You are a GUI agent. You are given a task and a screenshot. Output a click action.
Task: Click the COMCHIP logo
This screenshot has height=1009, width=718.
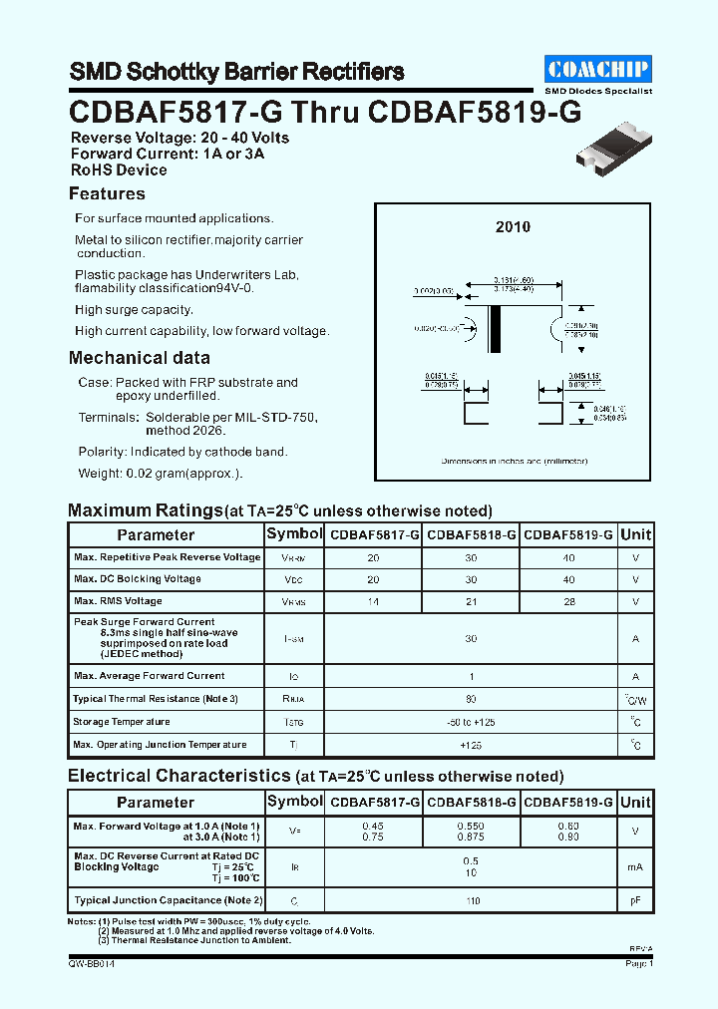pos(598,69)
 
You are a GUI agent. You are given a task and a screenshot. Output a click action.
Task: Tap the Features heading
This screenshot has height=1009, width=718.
pos(107,194)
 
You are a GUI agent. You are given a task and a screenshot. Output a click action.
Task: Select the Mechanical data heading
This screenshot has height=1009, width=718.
pos(139,358)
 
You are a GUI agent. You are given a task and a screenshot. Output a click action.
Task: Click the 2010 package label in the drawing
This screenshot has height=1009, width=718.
pos(513,227)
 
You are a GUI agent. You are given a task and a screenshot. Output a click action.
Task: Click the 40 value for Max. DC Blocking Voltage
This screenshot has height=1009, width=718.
pos(568,580)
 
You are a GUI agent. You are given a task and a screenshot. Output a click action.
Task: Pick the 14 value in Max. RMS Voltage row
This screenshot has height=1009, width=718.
pos(373,602)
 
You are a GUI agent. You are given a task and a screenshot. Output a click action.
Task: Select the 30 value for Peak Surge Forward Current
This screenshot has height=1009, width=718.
pos(471,639)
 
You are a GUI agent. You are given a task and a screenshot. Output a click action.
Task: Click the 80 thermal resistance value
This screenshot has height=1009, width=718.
pos(471,700)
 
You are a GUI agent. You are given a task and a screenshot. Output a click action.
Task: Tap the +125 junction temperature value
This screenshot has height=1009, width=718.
pos(471,745)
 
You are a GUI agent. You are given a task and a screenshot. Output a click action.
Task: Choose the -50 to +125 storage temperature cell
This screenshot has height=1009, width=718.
pos(471,722)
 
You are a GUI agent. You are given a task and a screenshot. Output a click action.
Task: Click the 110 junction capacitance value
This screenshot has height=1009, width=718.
pos(473,901)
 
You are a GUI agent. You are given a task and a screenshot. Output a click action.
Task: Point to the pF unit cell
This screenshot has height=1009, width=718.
pos(635,901)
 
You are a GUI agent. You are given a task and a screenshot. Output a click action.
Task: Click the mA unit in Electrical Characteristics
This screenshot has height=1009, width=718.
pos(635,868)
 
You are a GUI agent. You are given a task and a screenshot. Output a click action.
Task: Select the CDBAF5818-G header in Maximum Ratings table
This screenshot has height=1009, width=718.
pos(471,535)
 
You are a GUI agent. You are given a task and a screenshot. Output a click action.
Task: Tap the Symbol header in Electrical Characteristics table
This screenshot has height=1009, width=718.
pos(295,802)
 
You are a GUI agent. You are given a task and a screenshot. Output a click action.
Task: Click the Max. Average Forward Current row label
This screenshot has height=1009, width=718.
pos(149,677)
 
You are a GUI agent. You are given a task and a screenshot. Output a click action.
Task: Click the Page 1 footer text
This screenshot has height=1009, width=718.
pos(638,964)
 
